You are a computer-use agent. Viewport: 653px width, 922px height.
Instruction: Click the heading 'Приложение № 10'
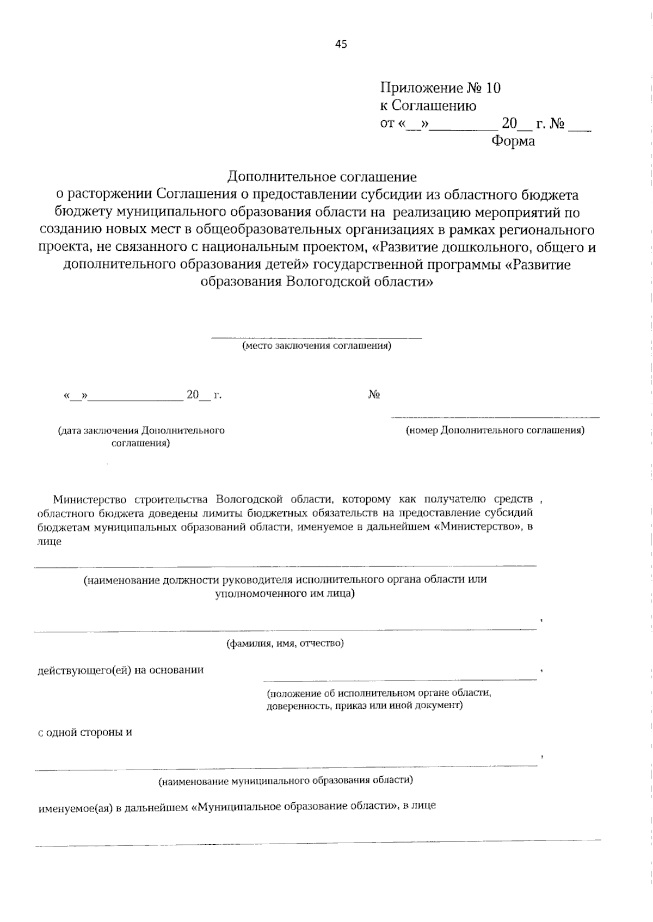point(440,88)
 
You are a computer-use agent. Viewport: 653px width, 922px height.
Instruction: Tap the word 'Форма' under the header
point(513,141)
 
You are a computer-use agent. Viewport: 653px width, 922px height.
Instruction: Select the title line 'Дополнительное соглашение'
point(322,177)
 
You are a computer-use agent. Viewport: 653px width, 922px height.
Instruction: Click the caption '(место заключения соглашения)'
point(316,346)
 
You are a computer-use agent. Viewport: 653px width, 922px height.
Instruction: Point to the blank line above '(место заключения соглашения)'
point(316,337)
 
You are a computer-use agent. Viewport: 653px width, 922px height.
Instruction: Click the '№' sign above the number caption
point(374,395)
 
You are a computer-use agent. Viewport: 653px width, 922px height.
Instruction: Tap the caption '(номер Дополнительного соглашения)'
point(495,430)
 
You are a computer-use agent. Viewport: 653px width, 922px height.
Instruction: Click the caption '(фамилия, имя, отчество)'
point(285,643)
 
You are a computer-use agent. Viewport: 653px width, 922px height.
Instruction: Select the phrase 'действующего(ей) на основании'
point(121,670)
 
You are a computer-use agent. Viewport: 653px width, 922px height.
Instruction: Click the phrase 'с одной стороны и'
point(85,732)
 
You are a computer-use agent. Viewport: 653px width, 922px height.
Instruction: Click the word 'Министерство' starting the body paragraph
point(90,499)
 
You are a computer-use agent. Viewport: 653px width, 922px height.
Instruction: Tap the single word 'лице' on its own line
point(50,542)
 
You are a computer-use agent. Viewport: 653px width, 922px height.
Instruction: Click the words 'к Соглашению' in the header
point(428,106)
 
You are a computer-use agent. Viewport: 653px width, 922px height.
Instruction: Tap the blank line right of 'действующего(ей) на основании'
point(400,678)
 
